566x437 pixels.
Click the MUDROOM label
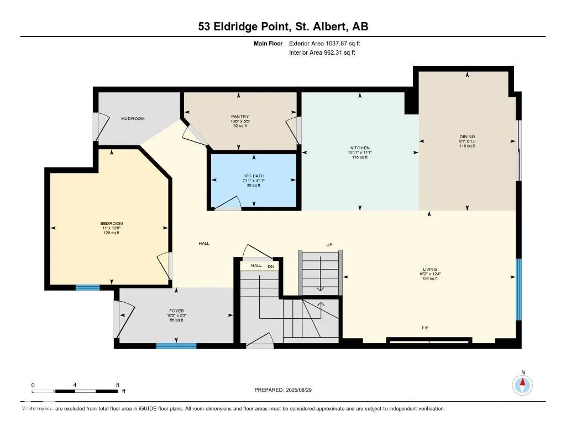point(133,118)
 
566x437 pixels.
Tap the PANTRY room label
point(239,117)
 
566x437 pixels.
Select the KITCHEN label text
point(359,148)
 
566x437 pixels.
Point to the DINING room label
point(467,137)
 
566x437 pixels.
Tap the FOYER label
point(176,311)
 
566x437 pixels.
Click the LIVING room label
point(428,270)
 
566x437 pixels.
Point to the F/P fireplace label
point(425,328)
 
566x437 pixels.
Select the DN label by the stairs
point(271,266)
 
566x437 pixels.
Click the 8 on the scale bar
point(118,385)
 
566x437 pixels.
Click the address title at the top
point(282,27)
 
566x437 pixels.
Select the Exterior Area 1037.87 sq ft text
point(325,43)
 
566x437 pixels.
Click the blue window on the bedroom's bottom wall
point(87,287)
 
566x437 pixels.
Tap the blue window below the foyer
point(176,346)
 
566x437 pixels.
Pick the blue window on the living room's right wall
point(518,289)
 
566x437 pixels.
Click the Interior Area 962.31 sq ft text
point(322,52)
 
